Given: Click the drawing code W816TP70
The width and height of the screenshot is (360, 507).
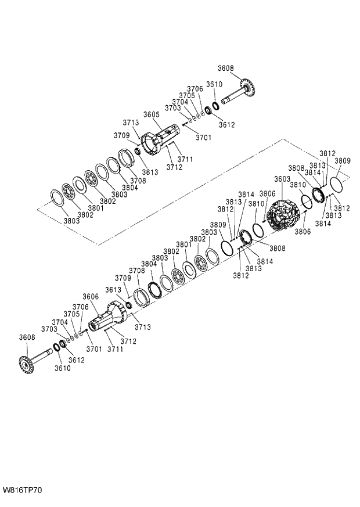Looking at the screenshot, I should coord(22,491).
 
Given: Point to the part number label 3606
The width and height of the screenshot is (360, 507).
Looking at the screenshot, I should coord(91,297).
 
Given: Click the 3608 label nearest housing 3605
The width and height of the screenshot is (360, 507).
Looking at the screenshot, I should coord(226,68).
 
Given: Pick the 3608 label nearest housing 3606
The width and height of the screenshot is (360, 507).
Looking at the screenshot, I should coord(27,337).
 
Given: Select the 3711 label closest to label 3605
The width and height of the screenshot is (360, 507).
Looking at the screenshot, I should coord(185,159).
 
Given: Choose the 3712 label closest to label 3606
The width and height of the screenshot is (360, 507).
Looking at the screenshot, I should coord(128,341).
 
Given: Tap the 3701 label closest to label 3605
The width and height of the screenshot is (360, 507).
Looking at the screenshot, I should coord(203,138).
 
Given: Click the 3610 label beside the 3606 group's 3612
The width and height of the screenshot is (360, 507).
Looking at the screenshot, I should coord(62,368).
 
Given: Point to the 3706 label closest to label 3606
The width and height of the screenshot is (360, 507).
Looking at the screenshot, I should coord(80,307).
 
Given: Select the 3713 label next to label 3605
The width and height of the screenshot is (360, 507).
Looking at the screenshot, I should coord(131,123).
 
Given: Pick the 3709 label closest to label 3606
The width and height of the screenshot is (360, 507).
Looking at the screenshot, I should coord(123,278).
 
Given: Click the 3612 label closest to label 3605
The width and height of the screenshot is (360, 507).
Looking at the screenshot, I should coord(226,125).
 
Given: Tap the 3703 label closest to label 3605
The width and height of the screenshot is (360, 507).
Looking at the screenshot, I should coord(173,108).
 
